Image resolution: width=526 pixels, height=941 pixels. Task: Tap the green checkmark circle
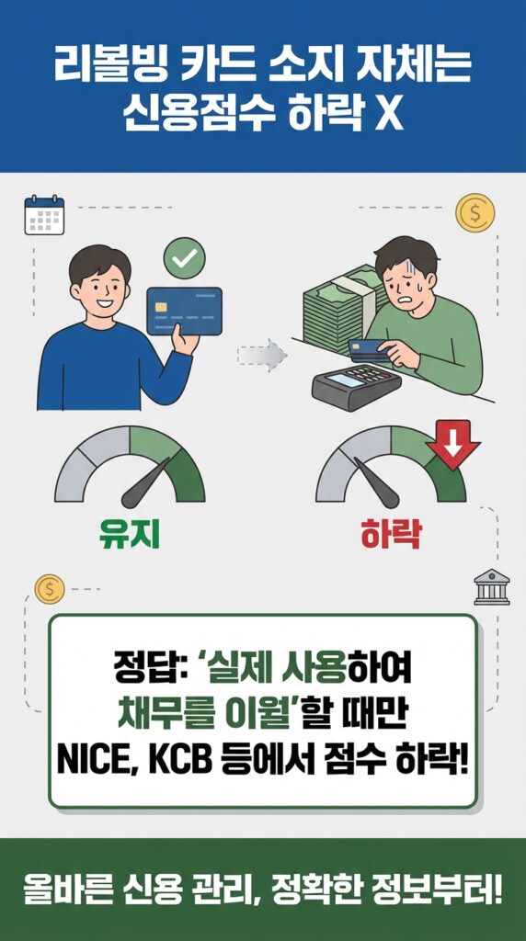tap(184, 259)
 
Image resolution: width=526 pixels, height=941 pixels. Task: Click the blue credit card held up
tap(184, 311)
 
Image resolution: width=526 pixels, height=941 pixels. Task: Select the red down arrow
tap(452, 444)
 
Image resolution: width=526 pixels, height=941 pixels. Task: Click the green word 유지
tap(129, 534)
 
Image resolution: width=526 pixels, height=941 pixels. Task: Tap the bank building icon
tap(491, 587)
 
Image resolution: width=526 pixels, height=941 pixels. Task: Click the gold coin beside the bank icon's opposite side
tap(49, 588)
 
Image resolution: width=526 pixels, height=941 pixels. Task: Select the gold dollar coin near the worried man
tap(475, 213)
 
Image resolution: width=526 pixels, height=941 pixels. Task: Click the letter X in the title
tap(389, 114)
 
